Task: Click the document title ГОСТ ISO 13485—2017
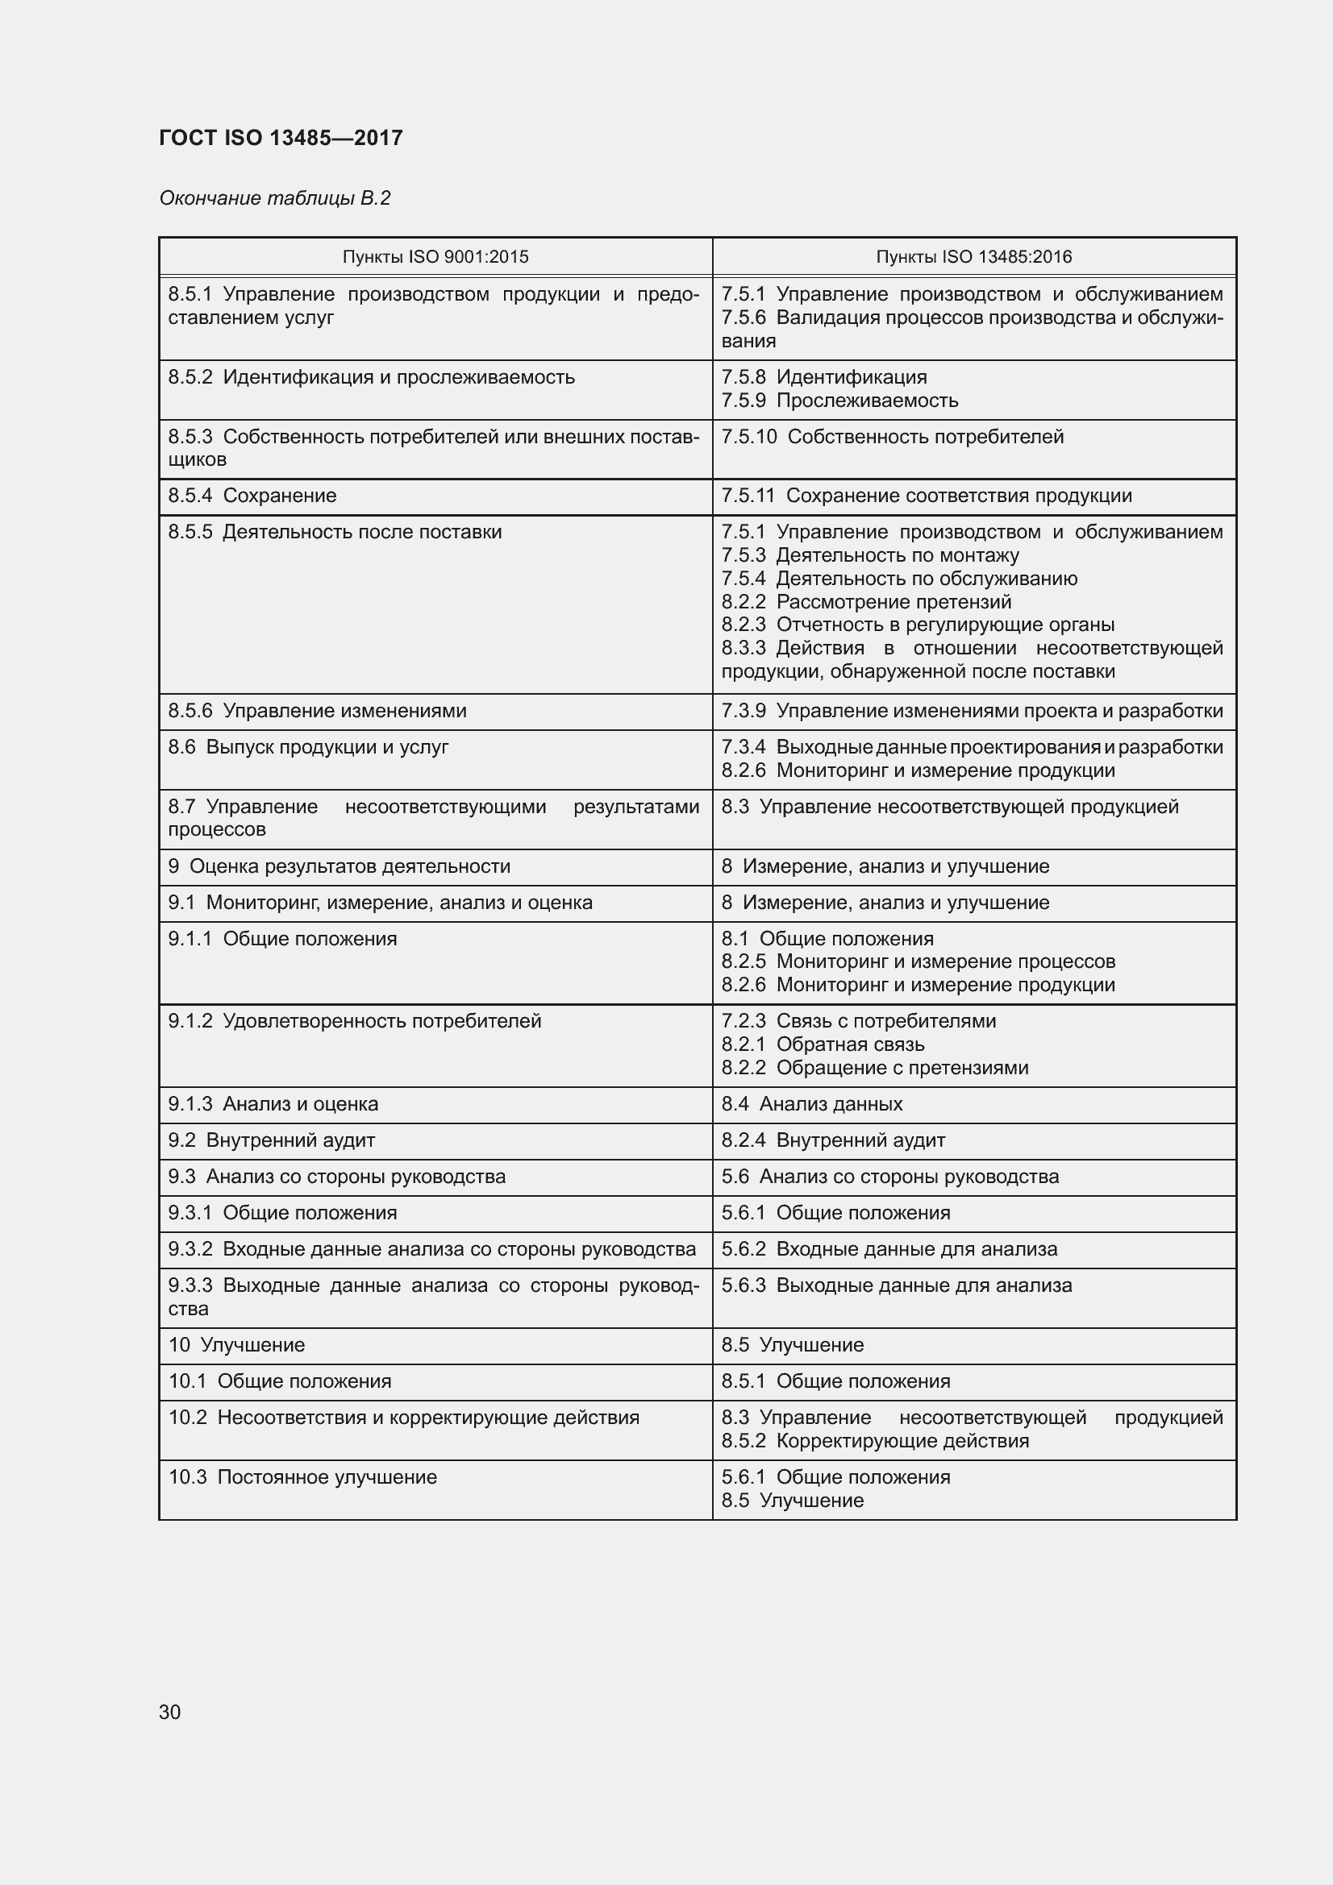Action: pyautogui.click(x=281, y=138)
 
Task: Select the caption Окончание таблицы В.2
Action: pyautogui.click(x=274, y=198)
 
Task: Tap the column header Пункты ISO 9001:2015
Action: pyautogui.click(x=435, y=257)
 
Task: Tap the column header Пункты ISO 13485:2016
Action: pyautogui.click(x=973, y=257)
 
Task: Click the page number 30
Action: pyautogui.click(x=170, y=1712)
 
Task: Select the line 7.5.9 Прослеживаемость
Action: pyautogui.click(x=839, y=401)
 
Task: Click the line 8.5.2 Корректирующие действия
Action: pyautogui.click(x=875, y=1441)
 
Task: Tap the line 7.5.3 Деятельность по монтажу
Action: pyautogui.click(x=870, y=555)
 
